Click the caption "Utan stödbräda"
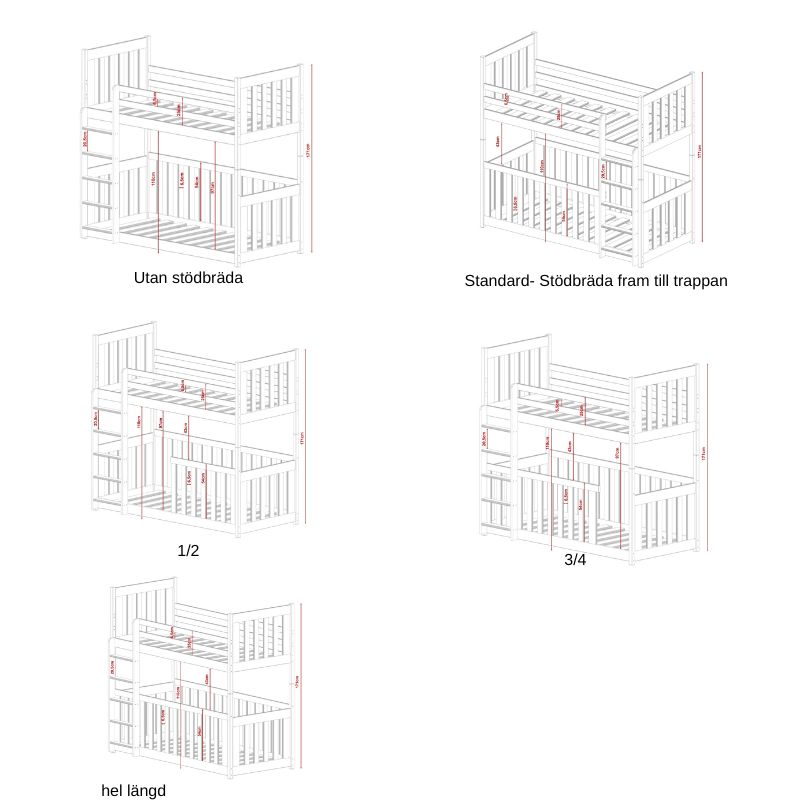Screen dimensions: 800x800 pyautogui.click(x=188, y=278)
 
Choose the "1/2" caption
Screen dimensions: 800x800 pyautogui.click(x=189, y=551)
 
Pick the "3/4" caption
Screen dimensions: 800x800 pyautogui.click(x=575, y=561)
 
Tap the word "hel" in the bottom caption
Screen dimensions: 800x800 pyautogui.click(x=112, y=791)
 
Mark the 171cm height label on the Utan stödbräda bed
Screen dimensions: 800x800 pyautogui.click(x=307, y=150)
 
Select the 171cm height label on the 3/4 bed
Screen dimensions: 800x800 pyautogui.click(x=704, y=453)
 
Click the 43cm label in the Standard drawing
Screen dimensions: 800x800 pyautogui.click(x=498, y=143)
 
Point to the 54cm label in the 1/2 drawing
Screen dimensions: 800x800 pyautogui.click(x=203, y=478)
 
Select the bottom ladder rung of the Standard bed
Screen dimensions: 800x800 pyautogui.click(x=617, y=245)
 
